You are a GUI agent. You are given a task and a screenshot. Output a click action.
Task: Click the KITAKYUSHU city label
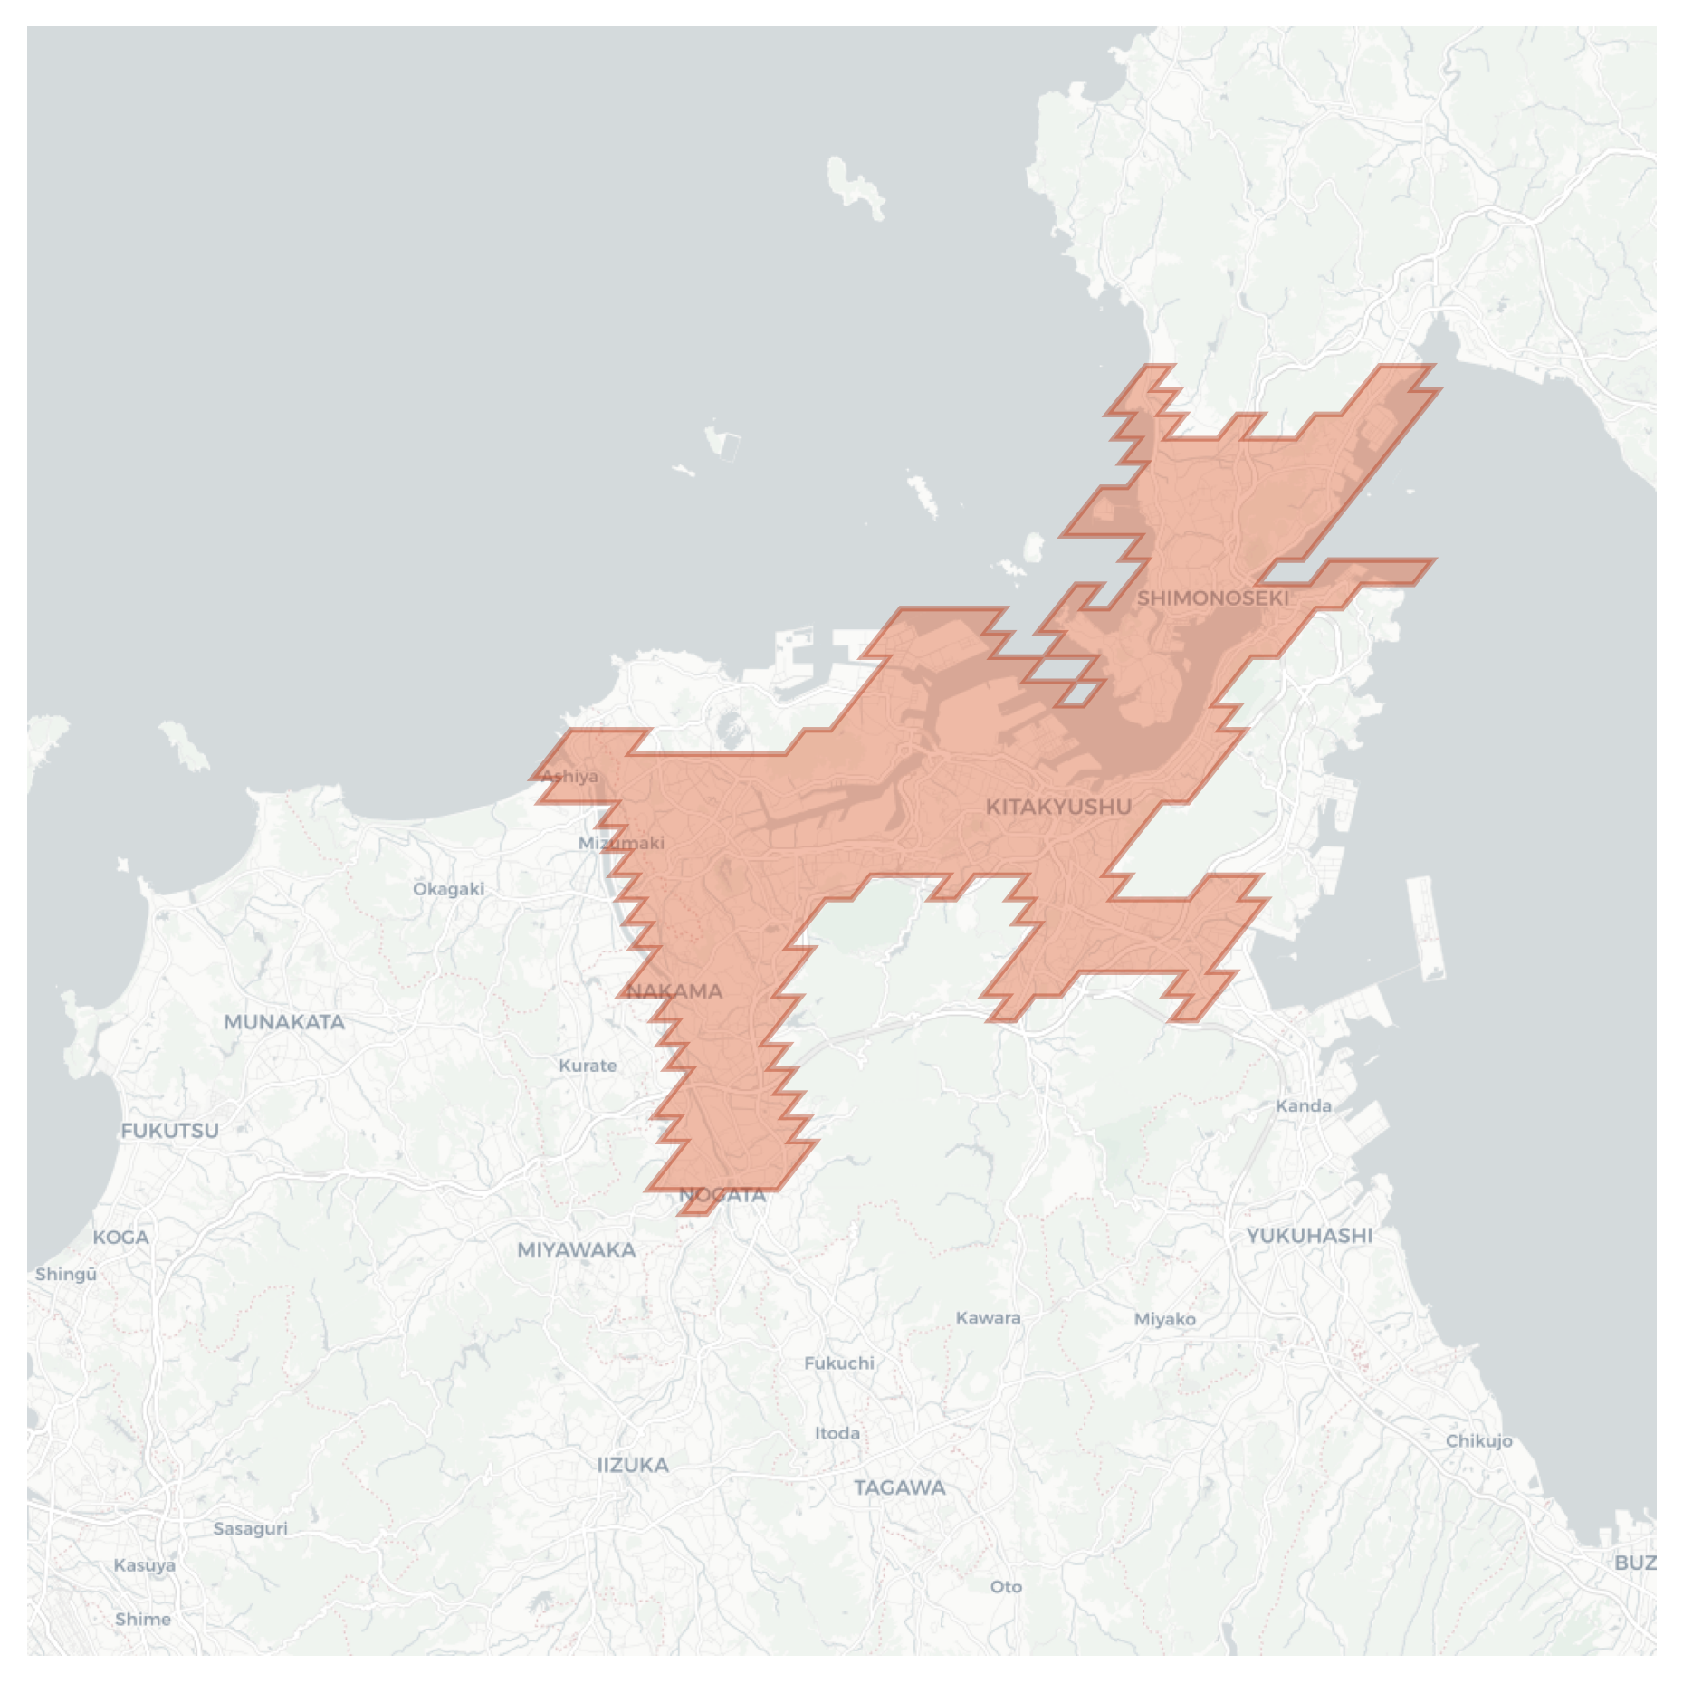pos(1057,807)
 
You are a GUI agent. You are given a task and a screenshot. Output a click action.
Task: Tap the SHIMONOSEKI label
pos(1212,598)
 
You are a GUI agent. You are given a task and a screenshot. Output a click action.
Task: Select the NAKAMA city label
pos(674,991)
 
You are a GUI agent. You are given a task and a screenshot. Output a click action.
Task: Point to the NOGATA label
pos(722,1195)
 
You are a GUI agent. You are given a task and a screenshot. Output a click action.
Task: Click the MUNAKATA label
pos(284,1022)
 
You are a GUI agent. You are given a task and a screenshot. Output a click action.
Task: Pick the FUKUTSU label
pos(170,1131)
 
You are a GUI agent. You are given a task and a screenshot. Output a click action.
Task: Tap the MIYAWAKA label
pos(577,1250)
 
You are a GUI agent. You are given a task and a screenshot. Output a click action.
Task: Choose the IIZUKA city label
pos(634,1465)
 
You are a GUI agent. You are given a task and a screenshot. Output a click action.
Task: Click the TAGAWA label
pos(900,1487)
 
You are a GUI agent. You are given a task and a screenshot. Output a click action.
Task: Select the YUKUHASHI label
pos(1309,1236)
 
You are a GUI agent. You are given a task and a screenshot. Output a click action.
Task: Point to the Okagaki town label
pos(448,889)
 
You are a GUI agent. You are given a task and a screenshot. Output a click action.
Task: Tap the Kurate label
pos(588,1066)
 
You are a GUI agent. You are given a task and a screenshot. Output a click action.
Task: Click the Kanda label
pos(1304,1105)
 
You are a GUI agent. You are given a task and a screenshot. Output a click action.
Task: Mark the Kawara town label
pos(989,1318)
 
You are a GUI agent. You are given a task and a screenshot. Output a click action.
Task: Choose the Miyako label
pos(1165,1319)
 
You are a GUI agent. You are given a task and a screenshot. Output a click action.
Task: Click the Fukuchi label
pos(839,1363)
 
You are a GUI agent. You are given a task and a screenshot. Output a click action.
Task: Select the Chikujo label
pos(1478,1440)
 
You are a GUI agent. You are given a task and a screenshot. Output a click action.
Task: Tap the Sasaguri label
pos(251,1529)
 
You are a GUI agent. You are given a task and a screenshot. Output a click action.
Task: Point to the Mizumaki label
pos(621,843)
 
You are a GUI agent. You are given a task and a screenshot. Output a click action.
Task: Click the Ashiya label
pos(569,776)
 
